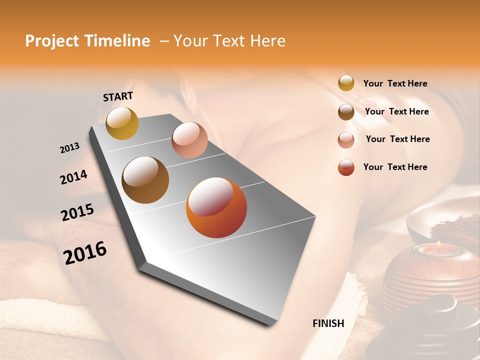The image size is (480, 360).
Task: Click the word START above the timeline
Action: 118,96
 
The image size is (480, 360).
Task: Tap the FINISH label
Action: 328,323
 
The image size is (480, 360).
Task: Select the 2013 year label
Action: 69,148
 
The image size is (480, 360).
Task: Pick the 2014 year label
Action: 73,177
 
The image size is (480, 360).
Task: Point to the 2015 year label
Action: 77,212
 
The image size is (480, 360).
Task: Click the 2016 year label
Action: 85,252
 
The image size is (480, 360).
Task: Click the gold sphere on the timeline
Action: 122,123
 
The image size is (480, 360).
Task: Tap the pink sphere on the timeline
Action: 189,140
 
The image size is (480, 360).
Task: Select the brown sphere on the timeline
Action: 145,180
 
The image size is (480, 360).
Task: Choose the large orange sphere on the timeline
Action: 216,207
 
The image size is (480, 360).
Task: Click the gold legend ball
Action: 346,83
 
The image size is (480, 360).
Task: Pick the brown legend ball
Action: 346,112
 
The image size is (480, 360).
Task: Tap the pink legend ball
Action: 346,140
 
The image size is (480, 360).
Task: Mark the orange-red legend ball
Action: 346,168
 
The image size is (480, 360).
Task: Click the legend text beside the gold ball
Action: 395,83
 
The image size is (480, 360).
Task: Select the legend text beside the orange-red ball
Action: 395,167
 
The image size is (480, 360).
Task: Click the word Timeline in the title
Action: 117,41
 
